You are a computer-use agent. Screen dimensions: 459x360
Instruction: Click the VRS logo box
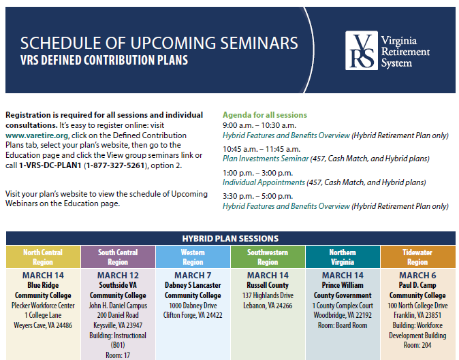pyautogui.click(x=362, y=50)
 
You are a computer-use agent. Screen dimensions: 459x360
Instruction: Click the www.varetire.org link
pyautogui.click(x=37, y=135)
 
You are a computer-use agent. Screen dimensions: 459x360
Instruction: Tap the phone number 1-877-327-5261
pyautogui.click(x=115, y=165)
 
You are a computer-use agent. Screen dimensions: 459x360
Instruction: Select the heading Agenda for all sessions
pyautogui.click(x=265, y=115)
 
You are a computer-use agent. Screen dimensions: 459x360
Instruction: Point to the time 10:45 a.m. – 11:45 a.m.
pyautogui.click(x=262, y=149)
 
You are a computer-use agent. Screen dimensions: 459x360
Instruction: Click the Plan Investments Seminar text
pyautogui.click(x=266, y=159)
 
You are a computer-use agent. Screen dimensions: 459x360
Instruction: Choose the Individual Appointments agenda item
pyautogui.click(x=264, y=182)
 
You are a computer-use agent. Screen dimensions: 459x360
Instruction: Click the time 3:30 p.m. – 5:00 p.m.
pyautogui.click(x=257, y=196)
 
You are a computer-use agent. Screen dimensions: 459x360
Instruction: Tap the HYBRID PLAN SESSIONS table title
pyautogui.click(x=230, y=239)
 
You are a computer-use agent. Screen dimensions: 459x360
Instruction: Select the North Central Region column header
pyautogui.click(x=43, y=257)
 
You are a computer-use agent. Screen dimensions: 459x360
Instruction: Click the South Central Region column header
pyautogui.click(x=118, y=257)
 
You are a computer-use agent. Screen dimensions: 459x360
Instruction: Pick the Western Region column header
pyautogui.click(x=193, y=257)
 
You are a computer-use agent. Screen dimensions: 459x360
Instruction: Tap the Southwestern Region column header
pyautogui.click(x=268, y=257)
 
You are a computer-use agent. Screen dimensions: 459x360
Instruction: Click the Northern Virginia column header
pyautogui.click(x=343, y=257)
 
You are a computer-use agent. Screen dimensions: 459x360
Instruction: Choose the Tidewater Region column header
pyautogui.click(x=417, y=257)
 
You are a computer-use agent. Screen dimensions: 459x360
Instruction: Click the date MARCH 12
pyautogui.click(x=118, y=276)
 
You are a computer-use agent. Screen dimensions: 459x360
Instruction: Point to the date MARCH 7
pyautogui.click(x=193, y=276)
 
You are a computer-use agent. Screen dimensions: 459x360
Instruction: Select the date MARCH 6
pyautogui.click(x=417, y=276)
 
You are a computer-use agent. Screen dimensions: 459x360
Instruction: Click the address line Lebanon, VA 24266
pyautogui.click(x=268, y=306)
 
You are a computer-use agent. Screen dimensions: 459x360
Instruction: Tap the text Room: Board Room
pyautogui.click(x=343, y=325)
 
